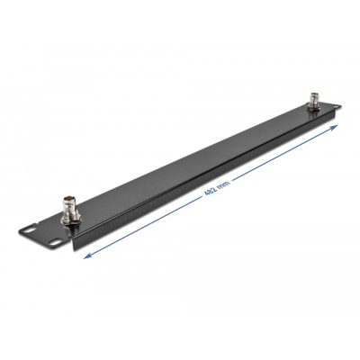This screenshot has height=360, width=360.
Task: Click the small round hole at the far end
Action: coord(336,107)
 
